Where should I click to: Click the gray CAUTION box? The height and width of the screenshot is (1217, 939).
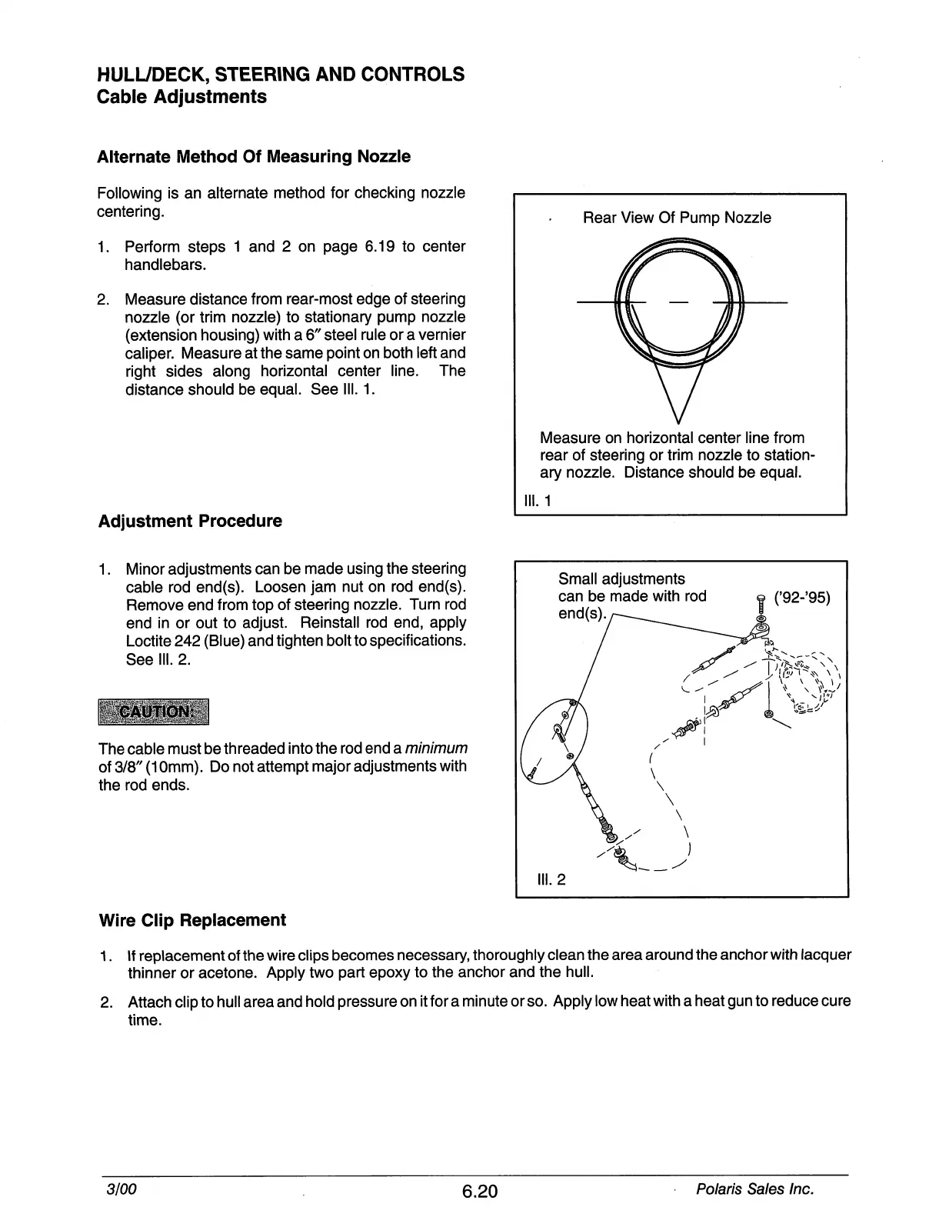pyautogui.click(x=154, y=712)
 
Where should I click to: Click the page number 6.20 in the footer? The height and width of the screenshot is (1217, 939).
pyautogui.click(x=481, y=1192)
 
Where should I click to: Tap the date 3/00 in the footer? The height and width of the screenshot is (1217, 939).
pyautogui.click(x=122, y=1189)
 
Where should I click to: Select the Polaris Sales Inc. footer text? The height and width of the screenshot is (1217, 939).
pyautogui.click(x=754, y=1189)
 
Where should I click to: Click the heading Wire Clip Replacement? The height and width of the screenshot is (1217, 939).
pyautogui.click(x=192, y=920)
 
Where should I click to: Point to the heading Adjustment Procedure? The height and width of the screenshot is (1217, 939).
pyautogui.click(x=190, y=521)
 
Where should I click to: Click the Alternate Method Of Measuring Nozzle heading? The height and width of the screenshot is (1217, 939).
pyautogui.click(x=254, y=157)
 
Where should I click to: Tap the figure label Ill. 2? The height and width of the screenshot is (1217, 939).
pyautogui.click(x=551, y=879)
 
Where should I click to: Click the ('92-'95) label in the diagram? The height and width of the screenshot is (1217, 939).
pyautogui.click(x=803, y=598)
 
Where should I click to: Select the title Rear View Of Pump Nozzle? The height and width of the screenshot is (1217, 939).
pyautogui.click(x=677, y=218)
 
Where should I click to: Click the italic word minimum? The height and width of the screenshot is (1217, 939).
pyautogui.click(x=436, y=749)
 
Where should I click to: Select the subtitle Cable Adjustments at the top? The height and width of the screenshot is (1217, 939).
pyautogui.click(x=182, y=97)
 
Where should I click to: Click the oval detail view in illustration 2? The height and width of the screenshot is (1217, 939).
pyautogui.click(x=554, y=742)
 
